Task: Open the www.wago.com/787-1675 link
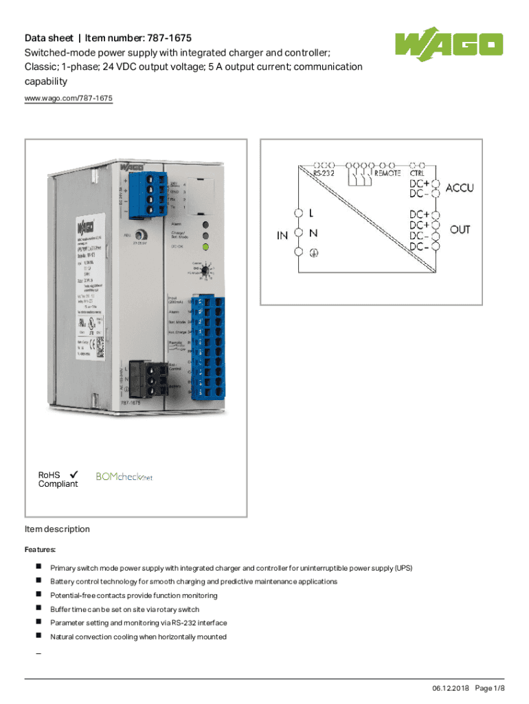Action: tap(69, 99)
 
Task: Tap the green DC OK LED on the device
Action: tap(205, 247)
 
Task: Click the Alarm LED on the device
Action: tap(205, 225)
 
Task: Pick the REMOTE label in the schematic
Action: tap(387, 174)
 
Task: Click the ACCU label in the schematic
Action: tap(460, 188)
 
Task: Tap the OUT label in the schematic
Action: tap(460, 230)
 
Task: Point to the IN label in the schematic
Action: tap(282, 235)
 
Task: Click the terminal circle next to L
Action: tap(299, 214)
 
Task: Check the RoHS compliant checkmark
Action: tap(73, 474)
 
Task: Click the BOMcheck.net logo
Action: tap(124, 476)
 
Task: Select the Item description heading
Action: tap(57, 529)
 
